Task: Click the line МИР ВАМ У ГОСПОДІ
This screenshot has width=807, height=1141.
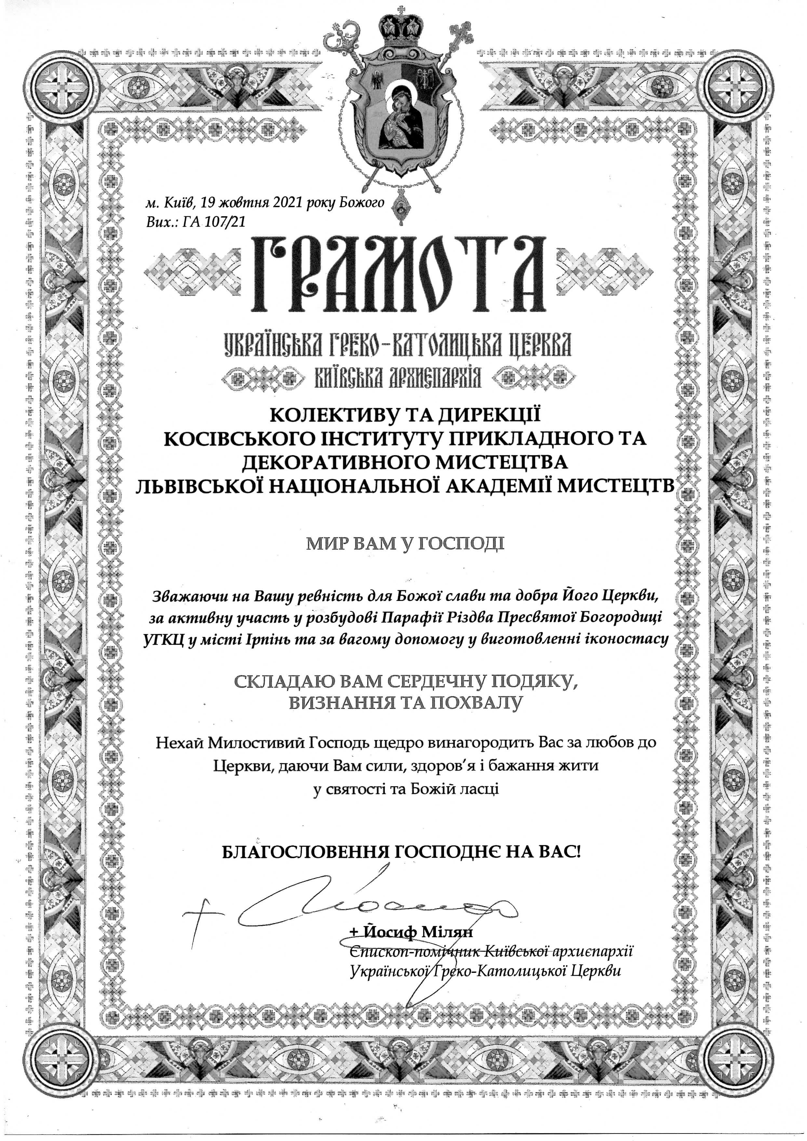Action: [x=404, y=544]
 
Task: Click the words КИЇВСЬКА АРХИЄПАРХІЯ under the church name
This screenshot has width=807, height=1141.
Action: [x=398, y=380]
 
